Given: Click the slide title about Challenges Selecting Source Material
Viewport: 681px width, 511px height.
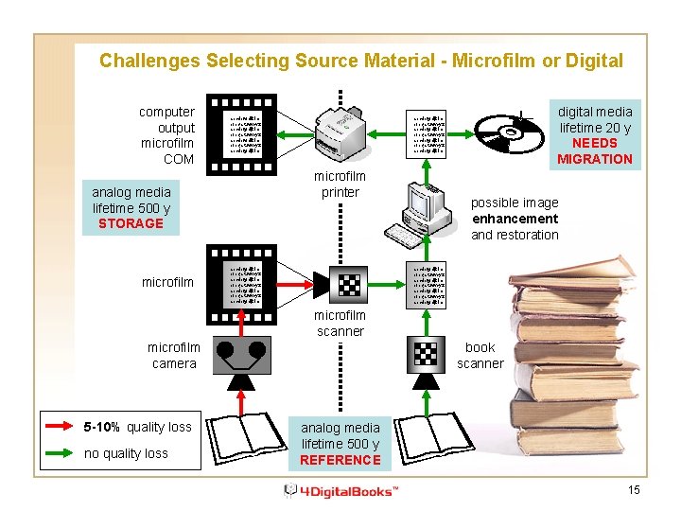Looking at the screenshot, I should [x=360, y=61].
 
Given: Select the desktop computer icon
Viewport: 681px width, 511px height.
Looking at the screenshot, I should [x=417, y=212].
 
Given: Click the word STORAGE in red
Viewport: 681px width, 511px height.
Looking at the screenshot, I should [x=131, y=223].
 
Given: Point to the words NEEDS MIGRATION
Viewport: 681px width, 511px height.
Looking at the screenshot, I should [x=595, y=150].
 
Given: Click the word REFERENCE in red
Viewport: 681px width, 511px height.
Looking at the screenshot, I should [x=340, y=460].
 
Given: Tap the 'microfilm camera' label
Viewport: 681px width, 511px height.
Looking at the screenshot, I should [x=174, y=356].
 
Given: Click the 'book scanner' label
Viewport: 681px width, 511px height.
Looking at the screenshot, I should [x=480, y=356].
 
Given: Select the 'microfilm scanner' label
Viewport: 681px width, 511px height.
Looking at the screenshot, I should [x=340, y=323].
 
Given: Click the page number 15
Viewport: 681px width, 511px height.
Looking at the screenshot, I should [x=634, y=489].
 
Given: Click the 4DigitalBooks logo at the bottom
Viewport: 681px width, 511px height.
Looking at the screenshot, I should [x=342, y=490].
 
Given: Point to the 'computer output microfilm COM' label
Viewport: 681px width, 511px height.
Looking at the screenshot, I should [x=166, y=135].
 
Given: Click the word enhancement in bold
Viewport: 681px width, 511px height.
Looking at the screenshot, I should [x=515, y=219].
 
